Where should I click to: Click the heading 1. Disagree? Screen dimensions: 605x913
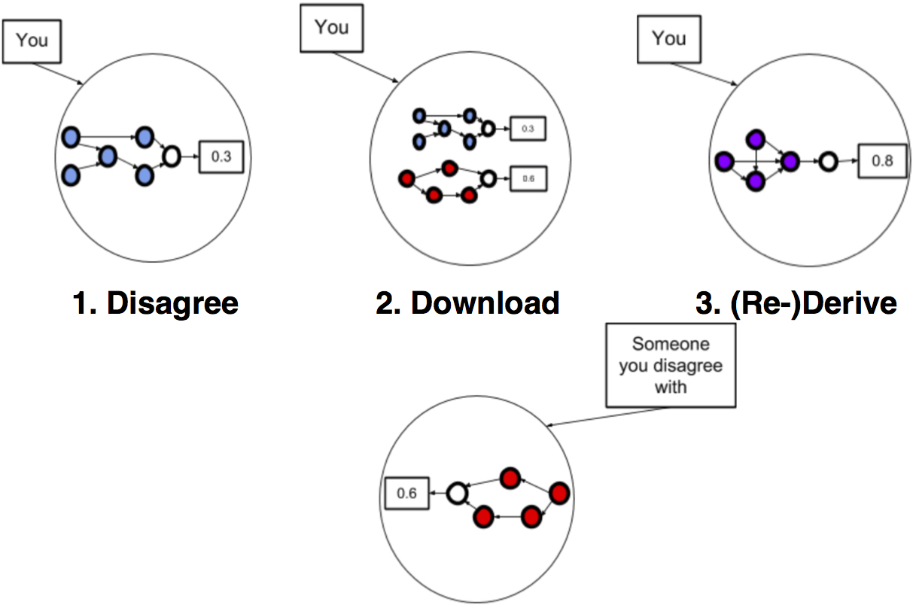pyautogui.click(x=156, y=302)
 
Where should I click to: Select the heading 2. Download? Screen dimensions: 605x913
pyautogui.click(x=467, y=302)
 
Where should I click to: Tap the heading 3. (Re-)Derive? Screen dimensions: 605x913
pyautogui.click(x=796, y=302)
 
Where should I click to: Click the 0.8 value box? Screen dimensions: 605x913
pyautogui.click(x=883, y=160)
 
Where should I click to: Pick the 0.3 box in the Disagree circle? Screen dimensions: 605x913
pyautogui.click(x=221, y=157)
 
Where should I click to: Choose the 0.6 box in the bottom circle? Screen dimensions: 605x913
pyautogui.click(x=406, y=494)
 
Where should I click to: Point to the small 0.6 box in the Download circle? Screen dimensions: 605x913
pyautogui.click(x=528, y=179)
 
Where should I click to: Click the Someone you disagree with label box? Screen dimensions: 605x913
pyautogui.click(x=670, y=365)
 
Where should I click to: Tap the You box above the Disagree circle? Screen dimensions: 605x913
pyautogui.click(x=32, y=40)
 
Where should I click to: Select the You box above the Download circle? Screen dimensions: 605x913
pyautogui.click(x=332, y=28)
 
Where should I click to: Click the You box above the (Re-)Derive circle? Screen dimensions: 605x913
pyautogui.click(x=669, y=39)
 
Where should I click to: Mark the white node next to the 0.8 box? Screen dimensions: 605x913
pyautogui.click(x=828, y=160)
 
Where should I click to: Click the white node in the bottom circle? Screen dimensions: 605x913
pyautogui.click(x=456, y=494)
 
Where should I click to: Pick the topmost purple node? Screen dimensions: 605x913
pyautogui.click(x=756, y=139)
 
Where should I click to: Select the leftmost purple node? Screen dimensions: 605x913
pyautogui.click(x=724, y=160)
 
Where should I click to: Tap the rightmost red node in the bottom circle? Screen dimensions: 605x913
pyautogui.click(x=559, y=494)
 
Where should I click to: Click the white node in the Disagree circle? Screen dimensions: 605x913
pyautogui.click(x=172, y=157)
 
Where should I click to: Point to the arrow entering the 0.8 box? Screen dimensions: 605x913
pyautogui.click(x=849, y=160)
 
